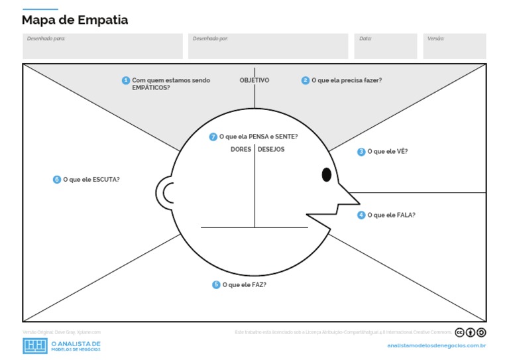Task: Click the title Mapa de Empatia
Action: (x=75, y=21)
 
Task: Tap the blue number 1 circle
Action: (x=126, y=80)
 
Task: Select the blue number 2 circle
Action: (x=306, y=80)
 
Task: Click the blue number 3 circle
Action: (x=361, y=152)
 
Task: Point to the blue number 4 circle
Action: (x=361, y=215)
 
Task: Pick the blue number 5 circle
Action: (x=216, y=284)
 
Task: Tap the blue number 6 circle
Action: (x=57, y=179)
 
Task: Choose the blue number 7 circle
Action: (x=213, y=137)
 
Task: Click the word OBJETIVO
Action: (x=254, y=80)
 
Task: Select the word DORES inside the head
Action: (x=241, y=149)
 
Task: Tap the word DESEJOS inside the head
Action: (x=271, y=149)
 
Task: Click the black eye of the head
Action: (x=326, y=174)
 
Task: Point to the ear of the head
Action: (x=166, y=192)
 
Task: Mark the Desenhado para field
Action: (x=103, y=46)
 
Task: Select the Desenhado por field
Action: (x=268, y=46)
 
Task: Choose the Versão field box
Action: (x=455, y=46)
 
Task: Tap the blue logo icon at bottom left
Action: (x=35, y=345)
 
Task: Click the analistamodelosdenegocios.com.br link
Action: (x=437, y=345)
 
